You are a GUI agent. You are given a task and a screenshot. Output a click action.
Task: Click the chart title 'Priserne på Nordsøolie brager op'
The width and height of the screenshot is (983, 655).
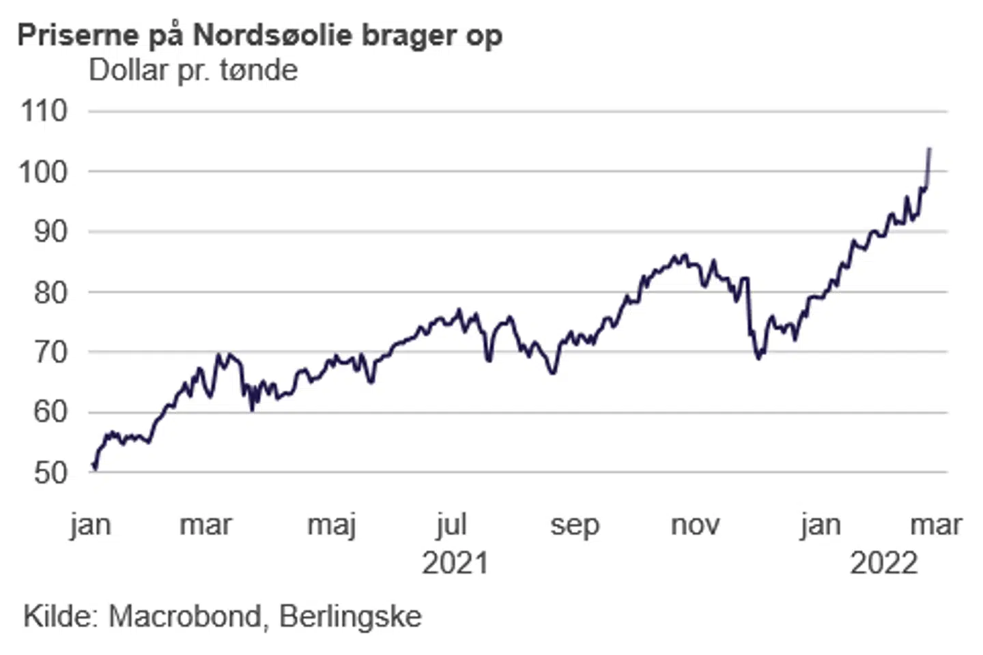[x=259, y=35]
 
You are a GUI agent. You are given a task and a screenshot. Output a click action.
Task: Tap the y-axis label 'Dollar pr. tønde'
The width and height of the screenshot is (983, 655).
[x=193, y=70]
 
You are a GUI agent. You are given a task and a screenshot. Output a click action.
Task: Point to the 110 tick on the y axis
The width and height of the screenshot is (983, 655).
[x=44, y=111]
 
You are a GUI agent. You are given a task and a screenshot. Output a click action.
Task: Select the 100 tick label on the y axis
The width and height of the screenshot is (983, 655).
[x=44, y=171]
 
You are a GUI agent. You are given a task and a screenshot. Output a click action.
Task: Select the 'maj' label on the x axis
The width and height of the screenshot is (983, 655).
[x=332, y=525]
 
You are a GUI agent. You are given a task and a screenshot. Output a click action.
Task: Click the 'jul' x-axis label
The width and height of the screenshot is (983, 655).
[x=451, y=525]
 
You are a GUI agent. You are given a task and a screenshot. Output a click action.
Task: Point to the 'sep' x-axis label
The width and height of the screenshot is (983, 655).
[x=575, y=525]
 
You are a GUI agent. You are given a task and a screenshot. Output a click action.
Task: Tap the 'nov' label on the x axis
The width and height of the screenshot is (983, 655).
[x=695, y=525]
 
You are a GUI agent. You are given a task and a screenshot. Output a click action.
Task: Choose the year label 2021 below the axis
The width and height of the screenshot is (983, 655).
[x=455, y=564]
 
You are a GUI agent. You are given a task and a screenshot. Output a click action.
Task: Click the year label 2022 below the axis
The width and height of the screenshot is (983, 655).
[x=884, y=564]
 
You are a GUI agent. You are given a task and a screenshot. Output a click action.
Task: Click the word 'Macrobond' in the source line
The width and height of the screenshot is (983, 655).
[x=185, y=617]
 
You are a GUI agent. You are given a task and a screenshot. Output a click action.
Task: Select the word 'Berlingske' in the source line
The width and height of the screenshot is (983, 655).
[x=351, y=617]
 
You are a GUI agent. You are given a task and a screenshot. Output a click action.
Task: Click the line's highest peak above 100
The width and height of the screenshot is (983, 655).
[x=930, y=149]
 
